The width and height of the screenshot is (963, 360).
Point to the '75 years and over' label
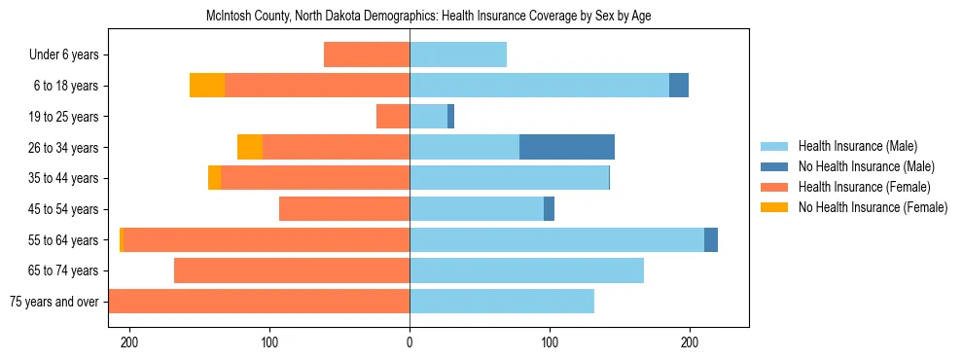coord(54,302)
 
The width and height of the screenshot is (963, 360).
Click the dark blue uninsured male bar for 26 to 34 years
coord(567,147)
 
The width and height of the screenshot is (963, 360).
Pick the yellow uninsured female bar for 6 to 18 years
coord(207,86)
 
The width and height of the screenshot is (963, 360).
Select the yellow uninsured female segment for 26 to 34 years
coord(250,147)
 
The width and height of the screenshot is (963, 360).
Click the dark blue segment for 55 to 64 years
coord(711,239)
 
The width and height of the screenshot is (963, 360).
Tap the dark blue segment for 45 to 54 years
coord(549,208)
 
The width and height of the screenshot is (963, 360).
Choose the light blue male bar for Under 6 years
coord(458,54)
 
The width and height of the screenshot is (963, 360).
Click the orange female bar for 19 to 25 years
coord(393,117)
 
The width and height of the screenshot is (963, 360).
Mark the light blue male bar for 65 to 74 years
coord(526,270)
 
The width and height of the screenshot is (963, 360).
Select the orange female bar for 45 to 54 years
coord(344,208)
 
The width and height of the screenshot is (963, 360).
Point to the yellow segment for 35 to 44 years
coord(214,178)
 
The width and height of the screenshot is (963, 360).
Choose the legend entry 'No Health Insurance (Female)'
coord(873,207)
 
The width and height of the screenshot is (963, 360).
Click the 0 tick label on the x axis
coord(410,342)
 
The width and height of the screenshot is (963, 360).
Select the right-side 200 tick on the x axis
coord(690,342)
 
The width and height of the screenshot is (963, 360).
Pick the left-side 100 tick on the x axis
coord(269,342)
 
